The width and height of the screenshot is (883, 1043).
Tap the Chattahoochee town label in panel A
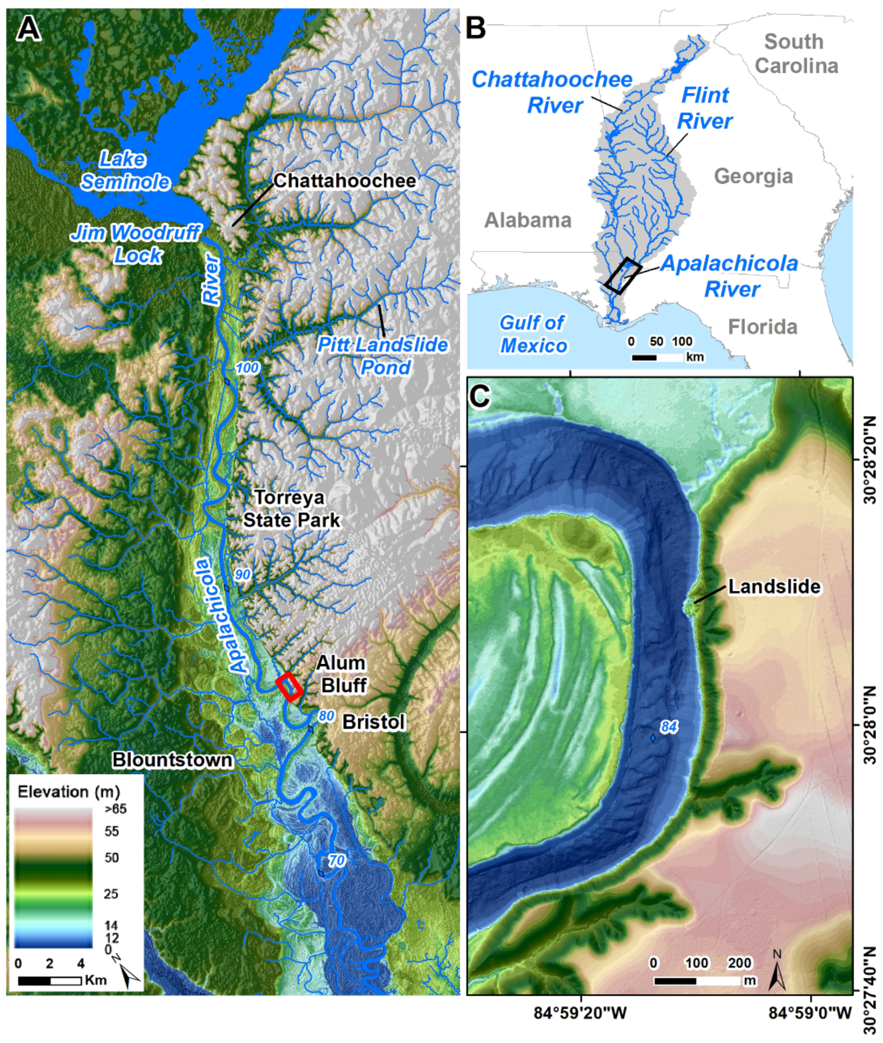pyautogui.click(x=344, y=181)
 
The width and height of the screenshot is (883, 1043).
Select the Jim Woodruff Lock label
pyautogui.click(x=136, y=244)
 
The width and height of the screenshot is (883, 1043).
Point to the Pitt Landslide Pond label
pyautogui.click(x=383, y=356)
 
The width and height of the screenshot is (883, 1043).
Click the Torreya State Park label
pyautogui.click(x=291, y=509)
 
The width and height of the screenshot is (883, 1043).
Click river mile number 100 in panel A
pyautogui.click(x=247, y=368)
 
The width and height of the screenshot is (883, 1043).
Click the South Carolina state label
pyautogui.click(x=796, y=54)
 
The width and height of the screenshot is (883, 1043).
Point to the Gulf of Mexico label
pyautogui.click(x=534, y=334)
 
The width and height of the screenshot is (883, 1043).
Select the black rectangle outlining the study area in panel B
pyautogui.click(x=623, y=275)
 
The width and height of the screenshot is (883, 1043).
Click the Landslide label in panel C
pyautogui.click(x=774, y=586)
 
